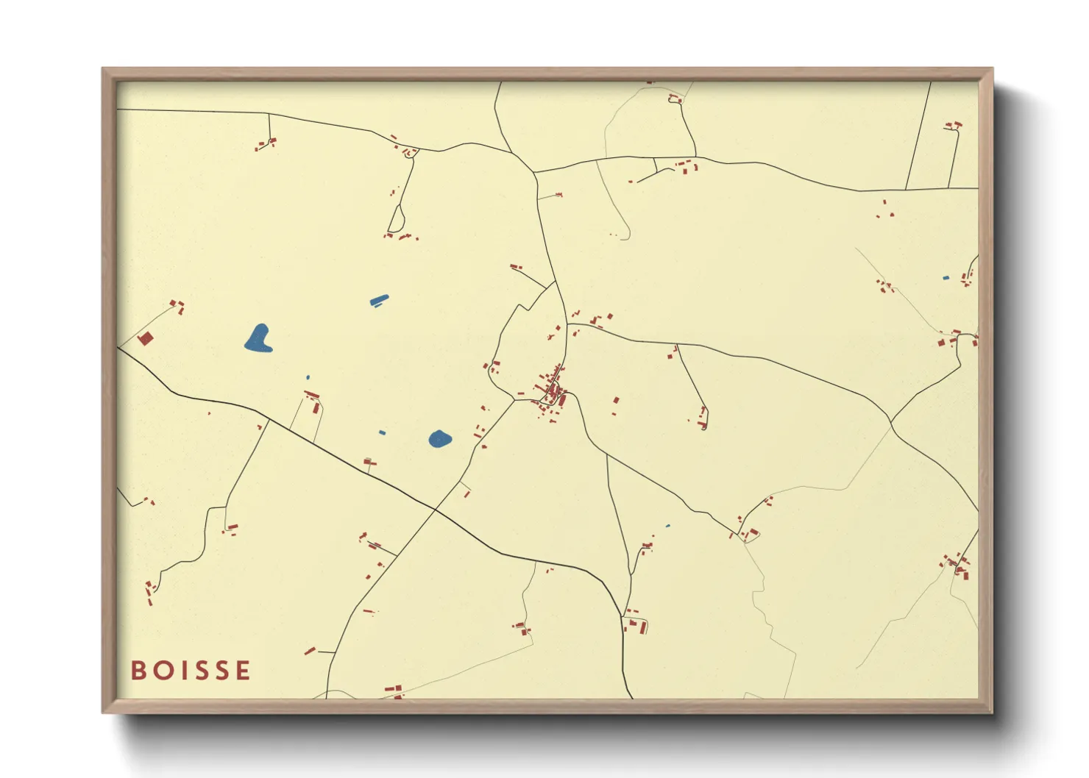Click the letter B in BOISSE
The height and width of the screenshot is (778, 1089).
(138, 670)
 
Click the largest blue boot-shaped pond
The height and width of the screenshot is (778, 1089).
(258, 338)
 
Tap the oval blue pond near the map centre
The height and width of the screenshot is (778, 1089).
(439, 439)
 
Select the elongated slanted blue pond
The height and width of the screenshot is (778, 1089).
(379, 299)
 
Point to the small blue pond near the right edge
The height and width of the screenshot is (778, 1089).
(946, 278)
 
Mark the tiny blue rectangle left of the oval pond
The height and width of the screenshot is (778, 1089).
(382, 432)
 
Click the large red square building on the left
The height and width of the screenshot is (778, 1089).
(145, 338)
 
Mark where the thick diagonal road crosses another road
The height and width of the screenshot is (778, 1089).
(436, 508)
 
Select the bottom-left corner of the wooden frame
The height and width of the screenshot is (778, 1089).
(104, 711)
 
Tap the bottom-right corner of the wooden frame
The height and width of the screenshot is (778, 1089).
(991, 711)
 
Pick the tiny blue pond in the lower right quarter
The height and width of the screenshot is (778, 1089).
(667, 526)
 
